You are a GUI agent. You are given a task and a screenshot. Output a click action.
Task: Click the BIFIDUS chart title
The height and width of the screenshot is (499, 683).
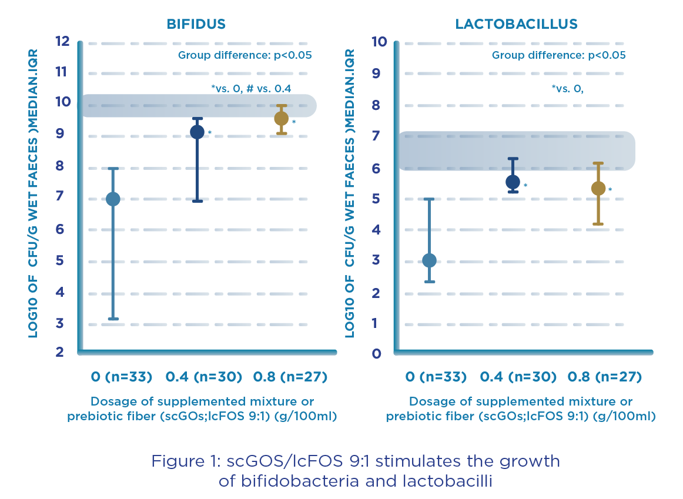click(x=196, y=24)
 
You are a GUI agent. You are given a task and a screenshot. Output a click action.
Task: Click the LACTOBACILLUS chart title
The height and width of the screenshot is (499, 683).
click(x=516, y=24)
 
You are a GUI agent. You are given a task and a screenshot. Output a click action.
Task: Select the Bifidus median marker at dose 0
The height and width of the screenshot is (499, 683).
click(x=112, y=199)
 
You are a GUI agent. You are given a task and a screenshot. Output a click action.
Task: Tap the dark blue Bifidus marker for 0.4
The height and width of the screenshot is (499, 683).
click(x=197, y=132)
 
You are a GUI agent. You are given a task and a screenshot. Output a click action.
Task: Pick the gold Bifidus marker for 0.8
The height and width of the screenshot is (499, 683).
click(x=281, y=118)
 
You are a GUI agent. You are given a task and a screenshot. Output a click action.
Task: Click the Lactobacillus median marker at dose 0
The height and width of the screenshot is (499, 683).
click(x=429, y=260)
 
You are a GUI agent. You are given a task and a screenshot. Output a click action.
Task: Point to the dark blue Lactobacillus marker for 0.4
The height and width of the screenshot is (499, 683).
click(x=513, y=182)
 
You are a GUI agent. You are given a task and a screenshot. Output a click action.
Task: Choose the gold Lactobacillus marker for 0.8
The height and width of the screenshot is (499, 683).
click(x=598, y=188)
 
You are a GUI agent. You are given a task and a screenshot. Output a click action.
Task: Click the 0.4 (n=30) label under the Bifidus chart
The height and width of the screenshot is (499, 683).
click(x=203, y=377)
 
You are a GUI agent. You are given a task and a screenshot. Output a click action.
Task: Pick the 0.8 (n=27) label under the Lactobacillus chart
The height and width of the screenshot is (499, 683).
click(x=605, y=377)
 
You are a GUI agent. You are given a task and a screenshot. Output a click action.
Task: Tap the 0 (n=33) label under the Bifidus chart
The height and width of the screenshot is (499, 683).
click(x=122, y=377)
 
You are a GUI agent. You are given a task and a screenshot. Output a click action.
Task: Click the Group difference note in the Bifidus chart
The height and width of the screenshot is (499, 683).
click(x=245, y=56)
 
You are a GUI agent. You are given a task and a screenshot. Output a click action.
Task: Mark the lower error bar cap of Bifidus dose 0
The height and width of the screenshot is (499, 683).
click(x=112, y=319)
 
